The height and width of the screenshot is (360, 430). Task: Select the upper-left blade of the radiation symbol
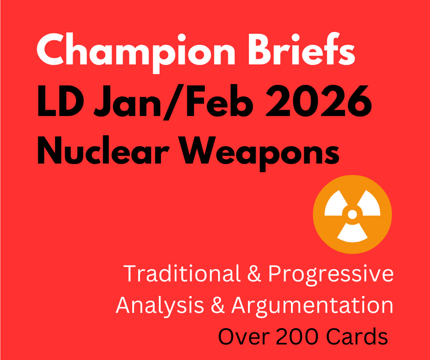pyautogui.click(x=336, y=205)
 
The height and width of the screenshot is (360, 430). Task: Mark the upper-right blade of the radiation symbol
pyautogui.click(x=368, y=205)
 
